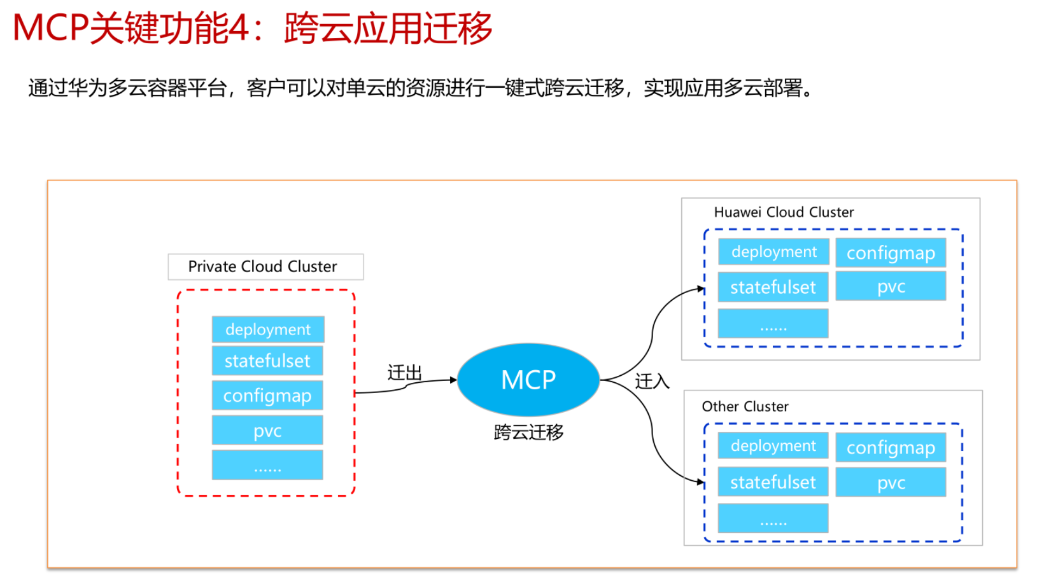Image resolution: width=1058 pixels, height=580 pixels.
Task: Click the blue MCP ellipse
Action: [x=528, y=380]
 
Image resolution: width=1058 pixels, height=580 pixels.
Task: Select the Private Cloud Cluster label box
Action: [x=265, y=266]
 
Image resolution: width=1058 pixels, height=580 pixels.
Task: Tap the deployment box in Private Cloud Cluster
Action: [x=268, y=329]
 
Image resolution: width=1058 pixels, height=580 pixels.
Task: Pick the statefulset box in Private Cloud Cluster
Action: [x=267, y=361]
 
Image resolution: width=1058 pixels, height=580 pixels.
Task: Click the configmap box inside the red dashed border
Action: [x=267, y=396]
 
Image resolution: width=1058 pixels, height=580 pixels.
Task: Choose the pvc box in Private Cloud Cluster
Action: [x=267, y=430]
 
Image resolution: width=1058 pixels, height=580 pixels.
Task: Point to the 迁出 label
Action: [x=404, y=373]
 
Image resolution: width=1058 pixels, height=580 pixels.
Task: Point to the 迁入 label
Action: [x=652, y=381]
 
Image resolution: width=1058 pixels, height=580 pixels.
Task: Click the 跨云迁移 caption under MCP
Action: [x=528, y=432]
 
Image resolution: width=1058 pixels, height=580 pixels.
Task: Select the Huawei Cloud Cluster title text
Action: [x=784, y=212]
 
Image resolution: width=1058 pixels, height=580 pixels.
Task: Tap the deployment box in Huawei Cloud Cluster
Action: [x=773, y=252]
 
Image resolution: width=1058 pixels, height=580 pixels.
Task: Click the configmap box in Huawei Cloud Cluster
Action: [x=891, y=253]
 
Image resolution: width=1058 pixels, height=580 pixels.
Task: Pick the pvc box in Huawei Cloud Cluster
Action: [x=891, y=286]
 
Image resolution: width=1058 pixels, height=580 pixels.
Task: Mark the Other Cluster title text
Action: [x=745, y=406]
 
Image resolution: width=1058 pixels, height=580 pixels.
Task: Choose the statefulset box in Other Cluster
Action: [x=773, y=482]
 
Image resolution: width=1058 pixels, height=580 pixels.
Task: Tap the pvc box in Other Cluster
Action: [x=891, y=482]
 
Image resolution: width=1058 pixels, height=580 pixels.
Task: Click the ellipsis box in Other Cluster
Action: [x=773, y=518]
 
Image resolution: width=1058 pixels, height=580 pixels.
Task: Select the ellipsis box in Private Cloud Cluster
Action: [x=267, y=465]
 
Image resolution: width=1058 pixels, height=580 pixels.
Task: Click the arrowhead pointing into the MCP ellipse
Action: [x=453, y=380]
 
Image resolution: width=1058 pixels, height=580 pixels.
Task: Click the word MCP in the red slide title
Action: [x=50, y=29]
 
